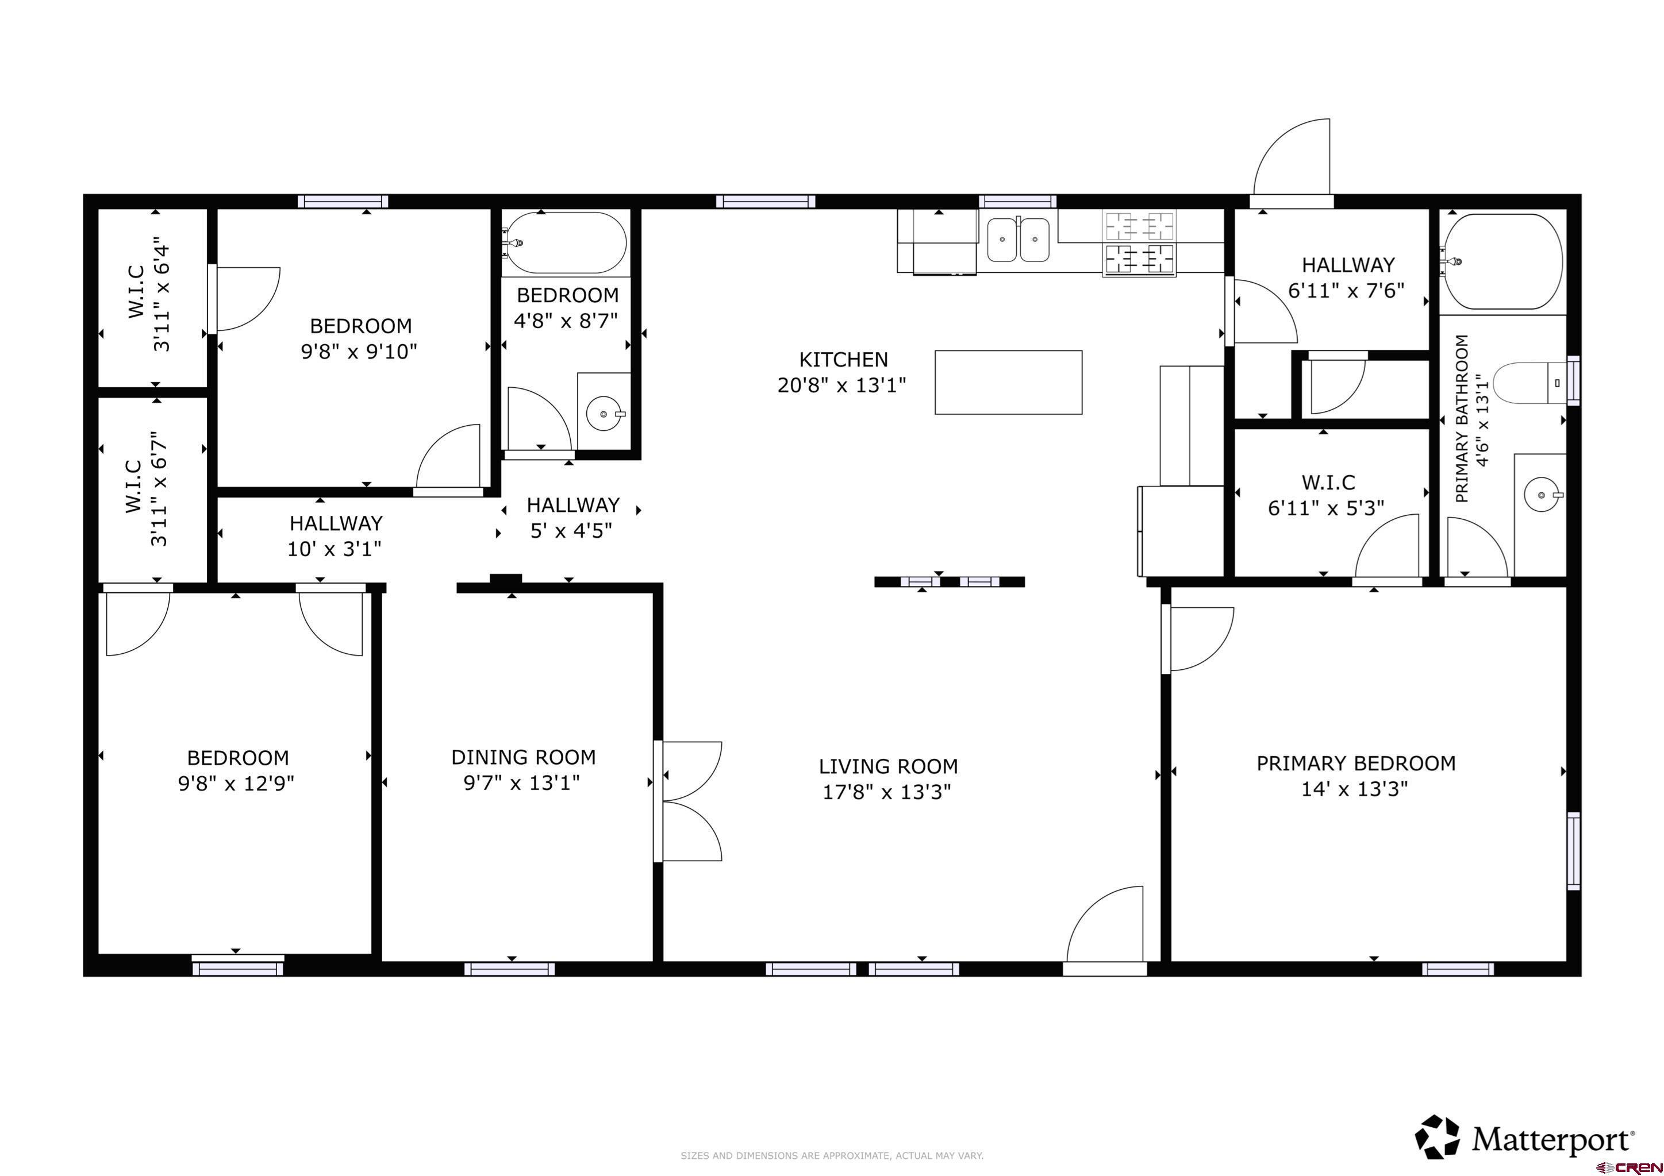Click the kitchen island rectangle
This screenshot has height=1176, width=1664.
click(1008, 382)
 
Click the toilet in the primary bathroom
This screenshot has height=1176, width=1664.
click(1529, 382)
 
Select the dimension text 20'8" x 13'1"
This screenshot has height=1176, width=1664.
click(841, 385)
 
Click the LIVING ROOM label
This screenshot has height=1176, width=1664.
click(888, 766)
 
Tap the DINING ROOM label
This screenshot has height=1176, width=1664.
click(523, 757)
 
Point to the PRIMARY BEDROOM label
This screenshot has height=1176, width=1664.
click(1355, 763)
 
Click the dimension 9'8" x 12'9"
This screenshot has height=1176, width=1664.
click(236, 783)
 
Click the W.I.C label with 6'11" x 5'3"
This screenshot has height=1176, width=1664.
click(1328, 482)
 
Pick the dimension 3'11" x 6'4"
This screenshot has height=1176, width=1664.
click(161, 298)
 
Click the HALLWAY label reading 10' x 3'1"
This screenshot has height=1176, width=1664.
click(336, 523)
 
